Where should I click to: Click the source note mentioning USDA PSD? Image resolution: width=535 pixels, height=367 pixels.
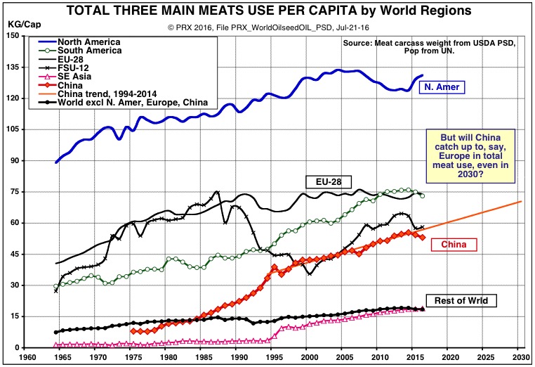(430, 47)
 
